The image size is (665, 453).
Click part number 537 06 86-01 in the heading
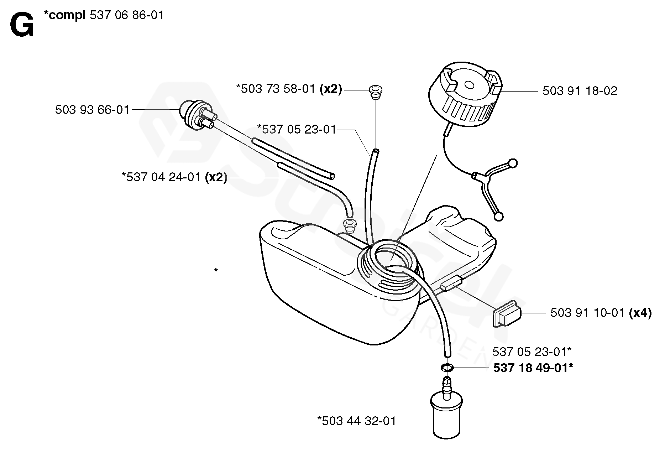coord(127,15)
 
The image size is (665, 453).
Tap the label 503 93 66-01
coord(92,110)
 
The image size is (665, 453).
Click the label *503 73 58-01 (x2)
coord(289,89)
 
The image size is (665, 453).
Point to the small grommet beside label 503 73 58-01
coord(375,92)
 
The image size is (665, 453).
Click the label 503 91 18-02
coord(580,91)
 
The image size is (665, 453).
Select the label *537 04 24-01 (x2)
coord(174,177)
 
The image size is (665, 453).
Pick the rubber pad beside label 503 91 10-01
coord(507,313)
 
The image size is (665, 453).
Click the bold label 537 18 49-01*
coord(533,368)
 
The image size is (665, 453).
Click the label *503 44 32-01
coord(356,421)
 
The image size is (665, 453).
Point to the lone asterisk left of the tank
coord(216,271)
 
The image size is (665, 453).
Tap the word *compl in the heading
coord(64,15)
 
